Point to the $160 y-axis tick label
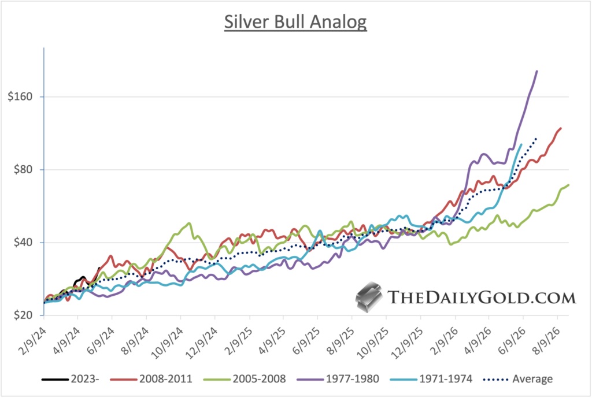pos(20,96)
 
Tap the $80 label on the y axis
pos(22,170)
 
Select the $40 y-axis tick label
pos(22,243)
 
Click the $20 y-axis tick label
pos(22,315)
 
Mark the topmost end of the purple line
pos(537,71)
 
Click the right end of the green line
pos(569,185)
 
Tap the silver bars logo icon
pos(368,297)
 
